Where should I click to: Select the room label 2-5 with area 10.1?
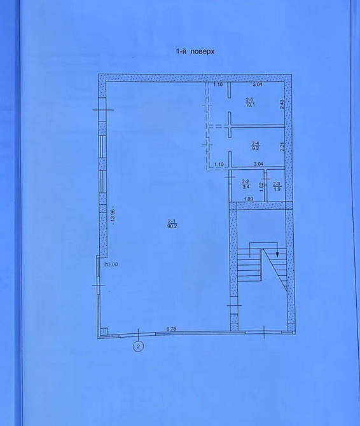coord(250,102)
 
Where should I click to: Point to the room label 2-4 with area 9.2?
coord(255,144)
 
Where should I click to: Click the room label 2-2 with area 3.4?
coord(246,186)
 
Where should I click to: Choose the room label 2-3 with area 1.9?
coord(277,186)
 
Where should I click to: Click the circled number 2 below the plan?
coord(138,346)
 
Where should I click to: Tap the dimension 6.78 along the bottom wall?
coord(172,328)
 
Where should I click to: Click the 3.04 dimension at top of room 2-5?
coord(258,84)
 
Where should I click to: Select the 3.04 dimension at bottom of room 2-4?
coord(258,165)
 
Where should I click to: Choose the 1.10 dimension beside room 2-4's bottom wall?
coord(219,165)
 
